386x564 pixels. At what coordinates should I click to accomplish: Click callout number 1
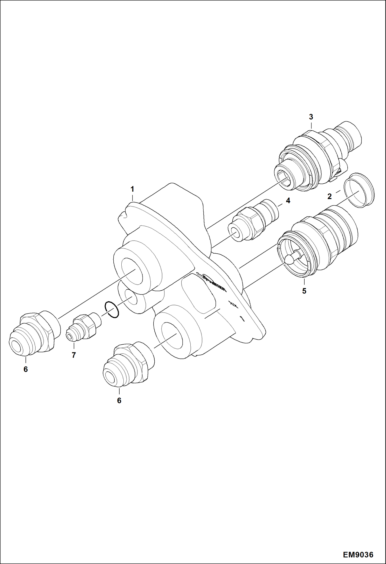(132, 190)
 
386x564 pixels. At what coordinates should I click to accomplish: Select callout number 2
(330, 197)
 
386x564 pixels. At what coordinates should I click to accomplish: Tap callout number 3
(311, 117)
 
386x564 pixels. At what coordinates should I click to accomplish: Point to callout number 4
(288, 201)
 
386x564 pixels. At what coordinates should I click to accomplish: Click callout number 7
(74, 355)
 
